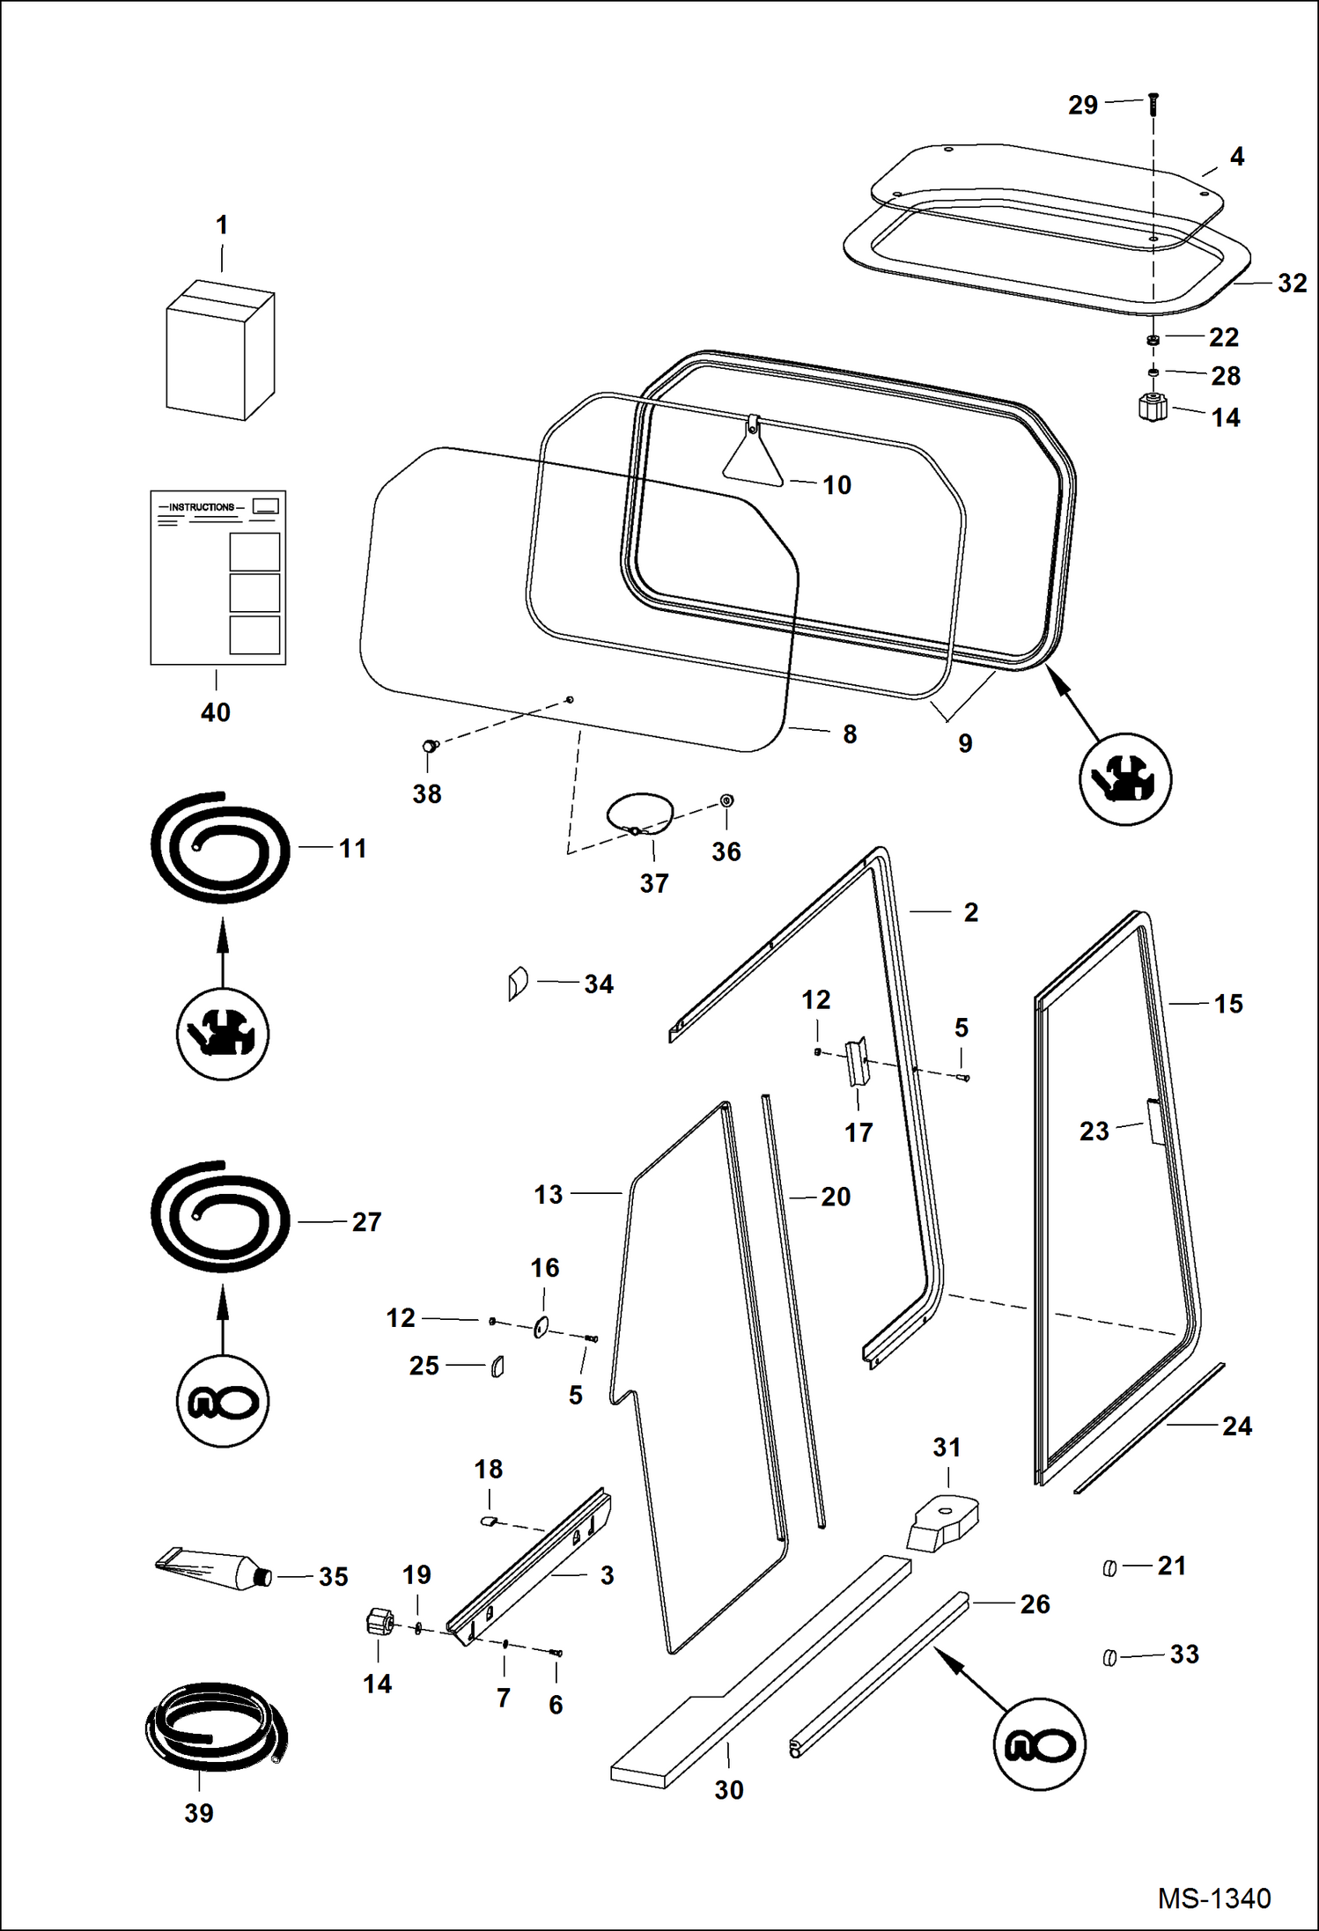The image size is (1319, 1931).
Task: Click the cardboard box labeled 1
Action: pos(220,350)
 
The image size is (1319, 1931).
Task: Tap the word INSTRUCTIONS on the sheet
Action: pos(202,507)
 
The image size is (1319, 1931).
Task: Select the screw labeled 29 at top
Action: pos(1153,104)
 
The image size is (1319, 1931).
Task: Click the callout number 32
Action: pos(1292,284)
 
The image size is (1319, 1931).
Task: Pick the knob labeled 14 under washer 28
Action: pos(1152,408)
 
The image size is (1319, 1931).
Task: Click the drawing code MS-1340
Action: pos(1213,1898)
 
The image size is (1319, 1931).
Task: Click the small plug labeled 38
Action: pos(429,746)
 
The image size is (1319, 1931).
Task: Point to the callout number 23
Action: pos(1094,1131)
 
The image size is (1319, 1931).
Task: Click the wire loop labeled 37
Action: pos(640,812)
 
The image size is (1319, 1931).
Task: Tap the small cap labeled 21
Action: pos(1109,1568)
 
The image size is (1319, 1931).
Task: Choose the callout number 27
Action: pos(366,1222)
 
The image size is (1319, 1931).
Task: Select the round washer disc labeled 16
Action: pos(541,1327)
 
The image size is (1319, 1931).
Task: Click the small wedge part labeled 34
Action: pos(517,983)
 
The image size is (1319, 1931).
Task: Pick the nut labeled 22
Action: pos(1153,340)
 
